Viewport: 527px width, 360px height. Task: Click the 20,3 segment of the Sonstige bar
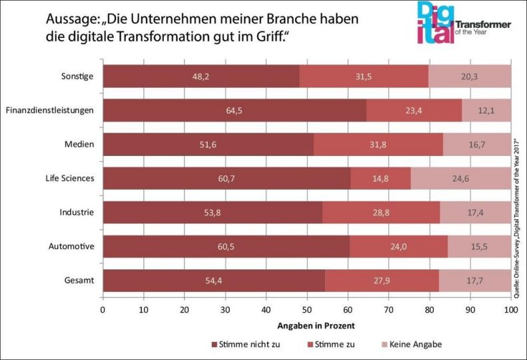(470, 77)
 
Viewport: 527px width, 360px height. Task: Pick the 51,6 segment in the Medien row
(208, 145)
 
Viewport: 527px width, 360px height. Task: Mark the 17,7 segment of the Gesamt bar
(475, 281)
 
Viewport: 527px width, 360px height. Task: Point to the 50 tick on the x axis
(307, 310)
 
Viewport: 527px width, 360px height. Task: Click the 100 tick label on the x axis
(510, 310)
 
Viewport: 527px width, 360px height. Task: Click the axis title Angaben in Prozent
(306, 326)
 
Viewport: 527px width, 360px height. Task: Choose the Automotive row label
(71, 247)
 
